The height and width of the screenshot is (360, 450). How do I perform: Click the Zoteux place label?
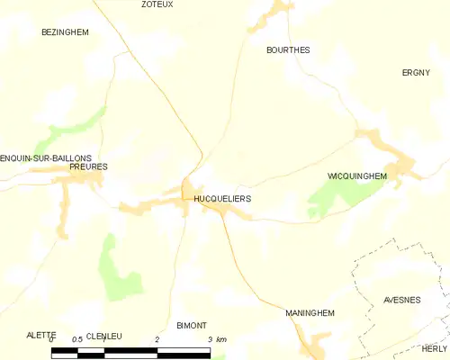pyautogui.click(x=157, y=4)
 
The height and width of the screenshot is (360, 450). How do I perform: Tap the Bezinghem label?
pyautogui.click(x=65, y=31)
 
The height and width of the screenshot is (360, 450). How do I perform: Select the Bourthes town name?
pyautogui.click(x=288, y=50)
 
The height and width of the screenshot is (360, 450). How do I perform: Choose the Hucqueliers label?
pyautogui.click(x=222, y=195)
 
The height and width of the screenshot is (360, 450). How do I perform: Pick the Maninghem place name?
pyautogui.click(x=310, y=312)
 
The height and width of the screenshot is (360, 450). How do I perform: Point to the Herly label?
pyautogui.click(x=434, y=348)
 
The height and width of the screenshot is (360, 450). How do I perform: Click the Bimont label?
pyautogui.click(x=192, y=325)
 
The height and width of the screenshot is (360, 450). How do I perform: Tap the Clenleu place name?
pyautogui.click(x=103, y=336)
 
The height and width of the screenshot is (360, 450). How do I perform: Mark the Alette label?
pyautogui.click(x=41, y=335)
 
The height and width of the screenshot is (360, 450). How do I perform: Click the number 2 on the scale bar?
pyautogui.click(x=157, y=338)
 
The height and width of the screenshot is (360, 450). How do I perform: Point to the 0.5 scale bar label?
pyautogui.click(x=77, y=338)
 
